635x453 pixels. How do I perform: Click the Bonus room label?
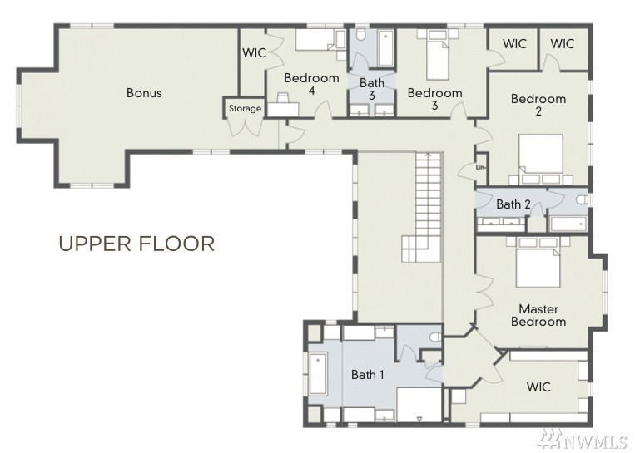point(144,92)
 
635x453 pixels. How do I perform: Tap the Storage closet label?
point(245,108)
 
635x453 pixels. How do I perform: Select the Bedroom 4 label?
point(311,84)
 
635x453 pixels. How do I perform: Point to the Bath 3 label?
point(372,89)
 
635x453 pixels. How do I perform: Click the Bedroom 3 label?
point(434,99)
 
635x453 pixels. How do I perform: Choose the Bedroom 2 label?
point(538,105)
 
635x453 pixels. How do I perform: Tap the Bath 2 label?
point(513,204)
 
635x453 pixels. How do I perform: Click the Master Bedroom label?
point(538,315)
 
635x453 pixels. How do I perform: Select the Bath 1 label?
point(367,375)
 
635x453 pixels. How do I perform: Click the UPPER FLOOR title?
point(136,244)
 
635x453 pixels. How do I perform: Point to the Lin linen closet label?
point(481,167)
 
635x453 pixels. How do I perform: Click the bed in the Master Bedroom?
point(538,262)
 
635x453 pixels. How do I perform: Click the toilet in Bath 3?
point(362,34)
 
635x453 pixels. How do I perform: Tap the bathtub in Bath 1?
point(318,375)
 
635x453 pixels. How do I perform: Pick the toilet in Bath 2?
point(583,199)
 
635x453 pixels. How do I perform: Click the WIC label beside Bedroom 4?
point(255,53)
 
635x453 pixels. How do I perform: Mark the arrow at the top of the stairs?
point(428,154)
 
